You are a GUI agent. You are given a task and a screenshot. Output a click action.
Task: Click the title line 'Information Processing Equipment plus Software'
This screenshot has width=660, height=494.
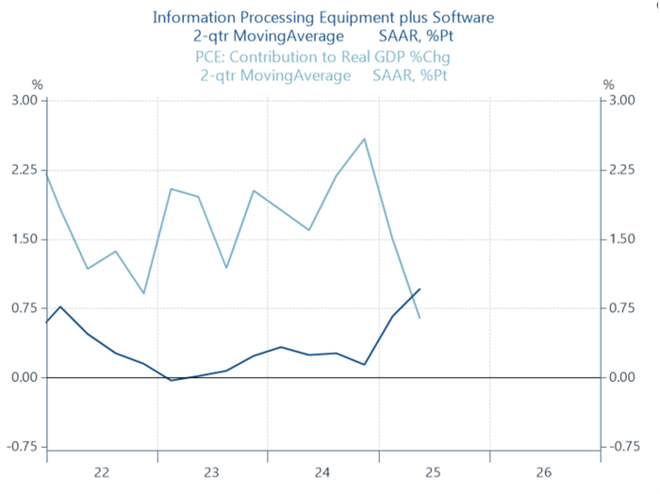click(322, 17)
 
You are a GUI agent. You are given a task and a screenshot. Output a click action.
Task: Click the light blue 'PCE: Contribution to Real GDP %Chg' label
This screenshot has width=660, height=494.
click(322, 58)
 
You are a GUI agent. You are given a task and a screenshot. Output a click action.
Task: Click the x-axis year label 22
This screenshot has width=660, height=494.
click(102, 471)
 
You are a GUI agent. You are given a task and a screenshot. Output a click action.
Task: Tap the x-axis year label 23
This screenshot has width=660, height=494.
click(212, 471)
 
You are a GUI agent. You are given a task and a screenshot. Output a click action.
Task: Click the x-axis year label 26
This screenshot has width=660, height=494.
click(545, 471)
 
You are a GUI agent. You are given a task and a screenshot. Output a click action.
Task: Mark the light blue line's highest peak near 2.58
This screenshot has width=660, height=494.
click(365, 139)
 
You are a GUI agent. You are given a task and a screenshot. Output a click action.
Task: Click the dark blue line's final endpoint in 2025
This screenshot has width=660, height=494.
click(420, 288)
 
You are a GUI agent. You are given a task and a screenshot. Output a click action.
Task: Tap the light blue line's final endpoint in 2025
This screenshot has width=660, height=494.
click(420, 318)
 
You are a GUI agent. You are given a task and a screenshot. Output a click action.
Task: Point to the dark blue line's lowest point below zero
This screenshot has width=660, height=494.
click(171, 380)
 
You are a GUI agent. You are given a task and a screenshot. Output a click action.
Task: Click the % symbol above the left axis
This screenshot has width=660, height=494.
click(39, 85)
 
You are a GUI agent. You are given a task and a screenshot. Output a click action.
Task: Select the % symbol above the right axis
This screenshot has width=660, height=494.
click(608, 85)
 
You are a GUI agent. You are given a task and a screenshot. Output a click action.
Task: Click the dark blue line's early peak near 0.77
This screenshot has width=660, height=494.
click(60, 306)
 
